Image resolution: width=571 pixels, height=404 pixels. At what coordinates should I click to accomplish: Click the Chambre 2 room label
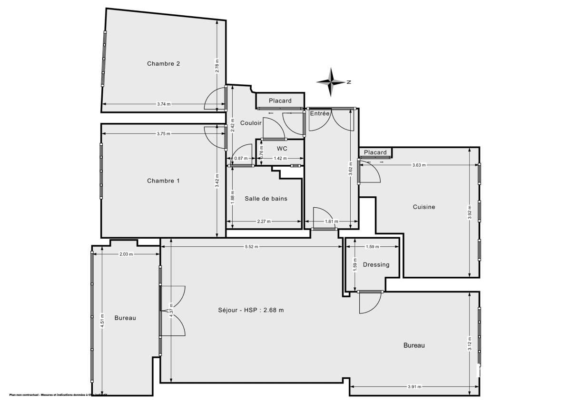coord(163,63)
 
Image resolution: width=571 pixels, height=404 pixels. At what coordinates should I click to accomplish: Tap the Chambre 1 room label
coord(163,181)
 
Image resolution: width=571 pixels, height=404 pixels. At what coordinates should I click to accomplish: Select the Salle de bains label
coord(266,199)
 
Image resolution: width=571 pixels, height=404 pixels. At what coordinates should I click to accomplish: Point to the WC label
coord(282,148)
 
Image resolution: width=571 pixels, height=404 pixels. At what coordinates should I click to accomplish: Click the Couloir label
coord(251,123)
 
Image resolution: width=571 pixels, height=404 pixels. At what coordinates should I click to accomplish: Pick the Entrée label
coord(320,113)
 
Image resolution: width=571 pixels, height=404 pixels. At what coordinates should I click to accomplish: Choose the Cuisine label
coord(423,207)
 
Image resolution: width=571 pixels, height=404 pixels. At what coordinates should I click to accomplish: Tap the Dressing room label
coord(376,265)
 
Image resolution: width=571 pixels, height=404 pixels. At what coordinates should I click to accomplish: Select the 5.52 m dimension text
coord(251,247)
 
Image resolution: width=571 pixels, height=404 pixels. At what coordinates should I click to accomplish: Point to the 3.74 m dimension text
coord(163,104)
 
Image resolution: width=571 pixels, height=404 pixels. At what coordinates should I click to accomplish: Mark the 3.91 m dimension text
coord(414,387)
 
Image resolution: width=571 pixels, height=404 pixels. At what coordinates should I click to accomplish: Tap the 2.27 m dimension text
coord(264,222)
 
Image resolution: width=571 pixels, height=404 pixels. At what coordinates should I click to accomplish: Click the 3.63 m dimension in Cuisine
coord(419,165)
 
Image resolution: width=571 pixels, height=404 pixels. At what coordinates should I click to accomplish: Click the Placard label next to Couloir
coord(280,101)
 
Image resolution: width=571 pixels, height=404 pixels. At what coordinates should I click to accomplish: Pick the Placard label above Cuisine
coord(375,152)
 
